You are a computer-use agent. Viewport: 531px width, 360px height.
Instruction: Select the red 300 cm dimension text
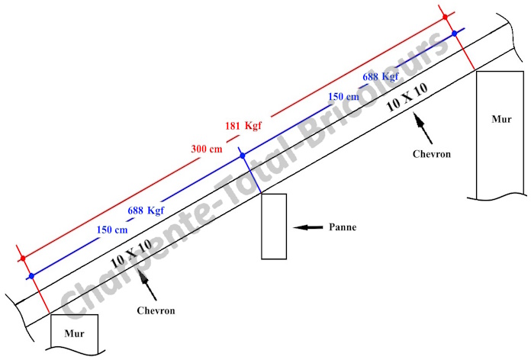point(206,148)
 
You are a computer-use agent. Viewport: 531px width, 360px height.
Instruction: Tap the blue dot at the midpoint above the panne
point(243,156)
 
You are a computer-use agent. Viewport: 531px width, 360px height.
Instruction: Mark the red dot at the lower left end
point(23,259)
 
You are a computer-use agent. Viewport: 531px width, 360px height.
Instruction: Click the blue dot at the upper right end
point(454,34)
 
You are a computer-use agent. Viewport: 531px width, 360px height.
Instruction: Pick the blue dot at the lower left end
point(31,275)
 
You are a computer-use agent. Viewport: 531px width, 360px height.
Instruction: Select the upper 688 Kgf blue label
point(380,78)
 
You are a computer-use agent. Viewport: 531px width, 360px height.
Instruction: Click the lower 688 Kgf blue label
point(146,210)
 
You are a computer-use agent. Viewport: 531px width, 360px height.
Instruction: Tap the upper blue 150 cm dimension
point(343,97)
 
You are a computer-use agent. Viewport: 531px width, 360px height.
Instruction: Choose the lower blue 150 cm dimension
point(112,229)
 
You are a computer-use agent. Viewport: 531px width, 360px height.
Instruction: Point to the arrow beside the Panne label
point(307,227)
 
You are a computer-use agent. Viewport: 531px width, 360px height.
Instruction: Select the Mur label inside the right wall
point(501,119)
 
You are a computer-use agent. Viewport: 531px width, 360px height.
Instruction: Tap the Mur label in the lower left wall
point(74,333)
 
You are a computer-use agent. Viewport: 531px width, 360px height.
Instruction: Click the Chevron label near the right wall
point(433,154)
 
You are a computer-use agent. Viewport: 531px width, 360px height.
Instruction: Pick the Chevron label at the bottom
point(156,310)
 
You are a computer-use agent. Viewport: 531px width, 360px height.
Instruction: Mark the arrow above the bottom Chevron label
point(150,288)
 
